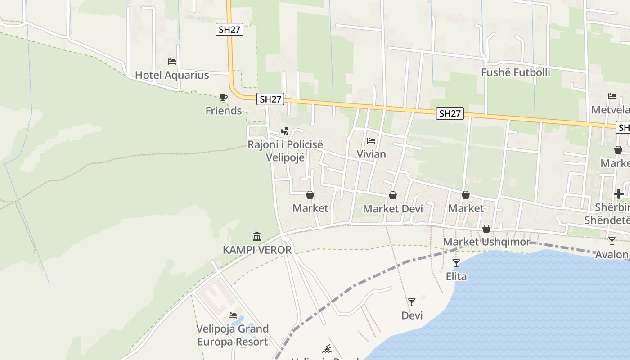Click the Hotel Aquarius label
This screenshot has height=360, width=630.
pos(172,75)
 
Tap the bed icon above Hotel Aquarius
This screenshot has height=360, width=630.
pos(171,62)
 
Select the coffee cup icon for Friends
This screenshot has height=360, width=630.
pos(224,97)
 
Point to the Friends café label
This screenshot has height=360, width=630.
pos(224,111)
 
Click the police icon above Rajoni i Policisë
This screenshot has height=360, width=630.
pos(285,131)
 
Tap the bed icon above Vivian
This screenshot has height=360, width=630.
pos(371,141)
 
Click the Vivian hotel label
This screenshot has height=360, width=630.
pos(371,154)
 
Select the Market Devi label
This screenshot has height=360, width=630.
pos(393,209)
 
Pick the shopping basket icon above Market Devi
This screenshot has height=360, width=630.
pos(393,195)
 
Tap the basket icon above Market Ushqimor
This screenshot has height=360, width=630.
pos(486,229)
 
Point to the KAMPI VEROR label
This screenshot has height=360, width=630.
pos(257,250)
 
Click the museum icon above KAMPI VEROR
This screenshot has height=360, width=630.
pos(257,236)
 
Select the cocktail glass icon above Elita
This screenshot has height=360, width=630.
pos(456,263)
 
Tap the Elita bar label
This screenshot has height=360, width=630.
pos(456,276)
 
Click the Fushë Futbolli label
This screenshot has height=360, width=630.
pos(516,72)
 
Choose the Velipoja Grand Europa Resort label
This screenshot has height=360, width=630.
pos(232,335)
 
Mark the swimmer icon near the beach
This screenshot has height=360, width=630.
pos(327,349)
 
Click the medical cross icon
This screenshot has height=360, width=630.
pos(619,194)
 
